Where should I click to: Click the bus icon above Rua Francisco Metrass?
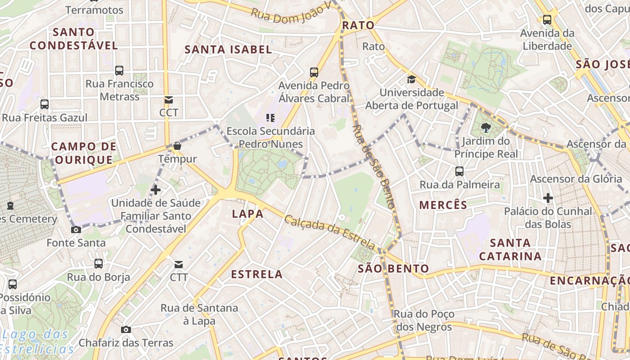119,70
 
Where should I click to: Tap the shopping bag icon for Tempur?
177,146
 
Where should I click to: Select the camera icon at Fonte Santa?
76,230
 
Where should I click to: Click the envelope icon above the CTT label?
179,264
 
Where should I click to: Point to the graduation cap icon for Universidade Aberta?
411,80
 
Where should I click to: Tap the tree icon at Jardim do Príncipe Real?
486,128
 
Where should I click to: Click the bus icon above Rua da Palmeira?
459,171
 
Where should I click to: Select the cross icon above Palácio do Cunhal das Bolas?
548,198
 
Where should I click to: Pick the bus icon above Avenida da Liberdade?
547,20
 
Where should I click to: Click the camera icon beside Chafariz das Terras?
126,329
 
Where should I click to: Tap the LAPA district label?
247,214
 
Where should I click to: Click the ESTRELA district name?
256,274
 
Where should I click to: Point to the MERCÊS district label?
443,205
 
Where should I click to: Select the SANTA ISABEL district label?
228,49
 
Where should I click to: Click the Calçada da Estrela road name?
330,232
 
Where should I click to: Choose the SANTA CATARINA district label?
510,249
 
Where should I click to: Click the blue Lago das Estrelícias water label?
36,342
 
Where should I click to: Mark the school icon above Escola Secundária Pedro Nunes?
270,118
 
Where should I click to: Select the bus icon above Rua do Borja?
99,264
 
